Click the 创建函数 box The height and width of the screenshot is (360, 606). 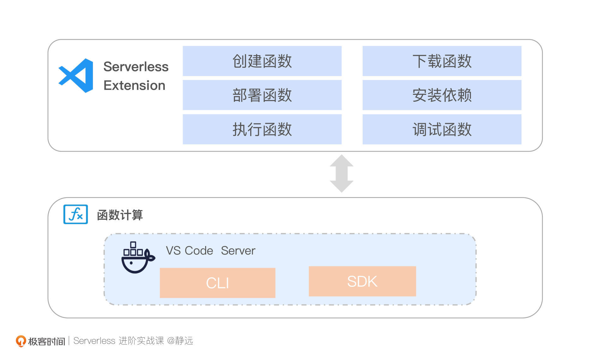(262, 61)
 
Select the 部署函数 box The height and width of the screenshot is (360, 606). (262, 95)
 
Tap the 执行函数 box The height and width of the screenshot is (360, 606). (262, 129)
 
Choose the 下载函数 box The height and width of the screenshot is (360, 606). (442, 61)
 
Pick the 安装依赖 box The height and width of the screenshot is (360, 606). (442, 95)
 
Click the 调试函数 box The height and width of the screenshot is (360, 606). (442, 129)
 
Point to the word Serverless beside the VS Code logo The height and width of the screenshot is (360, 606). (136, 67)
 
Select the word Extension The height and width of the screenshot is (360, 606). (134, 86)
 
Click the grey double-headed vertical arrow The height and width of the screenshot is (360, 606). (342, 173)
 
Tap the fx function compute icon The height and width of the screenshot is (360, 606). (75, 214)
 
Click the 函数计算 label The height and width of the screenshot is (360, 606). (120, 215)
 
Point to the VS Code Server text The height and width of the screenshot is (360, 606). (210, 251)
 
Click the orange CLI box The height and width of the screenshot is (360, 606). (217, 283)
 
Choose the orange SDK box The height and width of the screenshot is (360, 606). (362, 281)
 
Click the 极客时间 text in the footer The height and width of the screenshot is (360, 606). (46, 341)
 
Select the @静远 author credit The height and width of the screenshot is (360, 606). (180, 341)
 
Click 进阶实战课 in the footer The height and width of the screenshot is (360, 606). (141, 341)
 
